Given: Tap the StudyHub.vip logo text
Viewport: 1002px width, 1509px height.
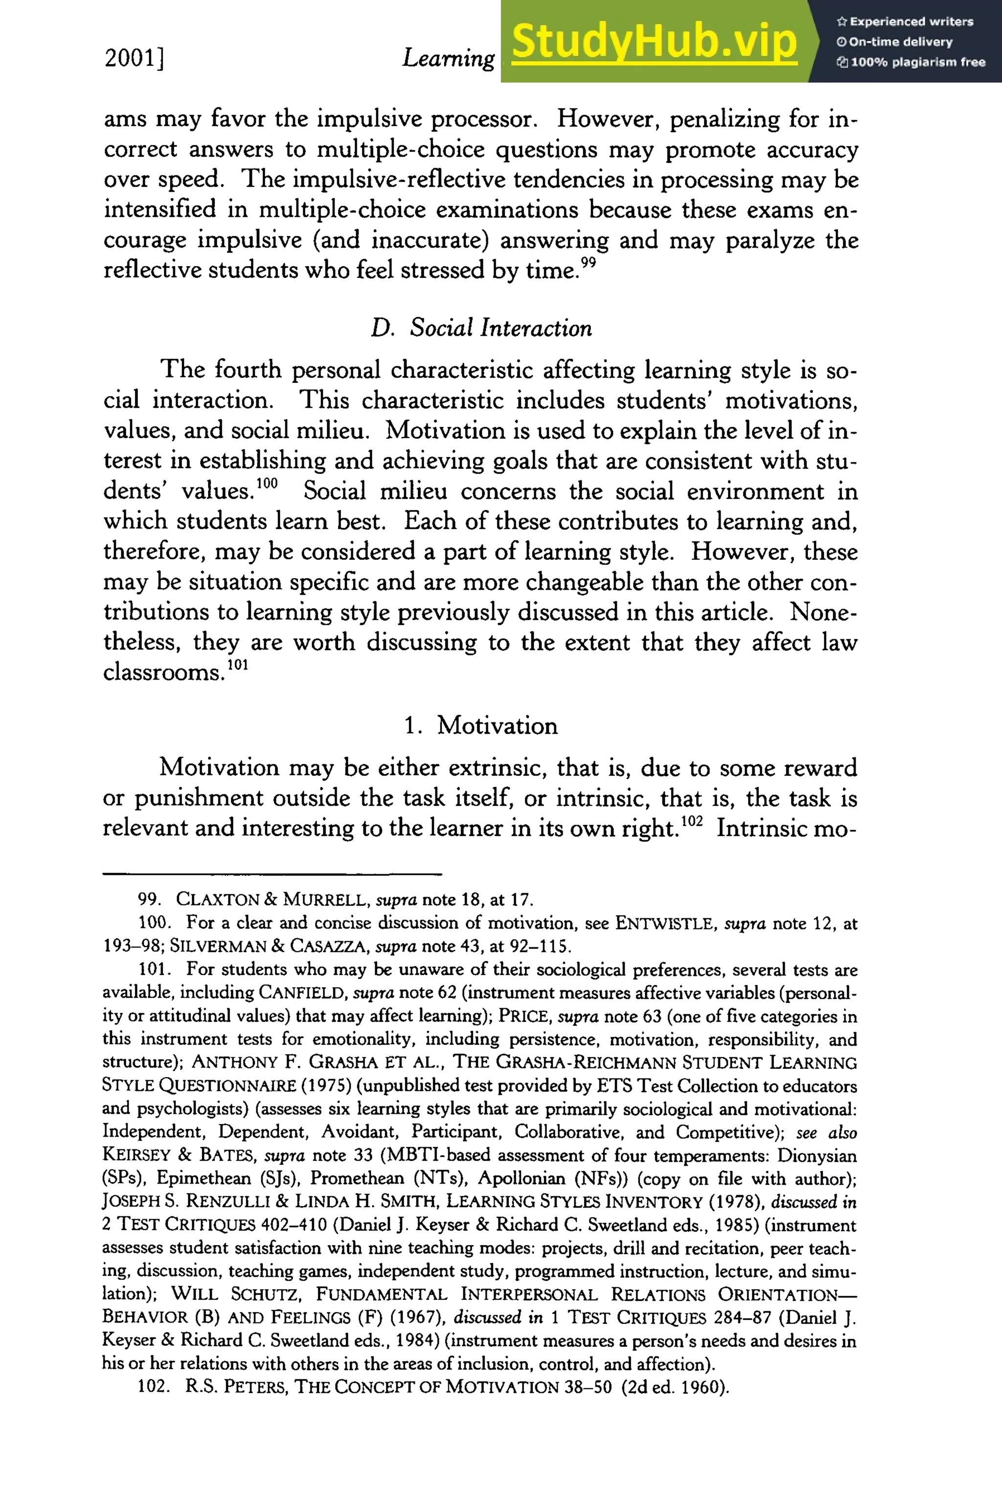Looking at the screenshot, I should pyautogui.click(x=654, y=42).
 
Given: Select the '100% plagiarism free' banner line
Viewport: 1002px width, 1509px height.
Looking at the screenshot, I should pyautogui.click(x=911, y=62).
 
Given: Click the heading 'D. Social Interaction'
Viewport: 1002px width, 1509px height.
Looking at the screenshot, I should pyautogui.click(x=481, y=328).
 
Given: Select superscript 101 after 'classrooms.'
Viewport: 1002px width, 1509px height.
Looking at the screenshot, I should pyautogui.click(x=237, y=664).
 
